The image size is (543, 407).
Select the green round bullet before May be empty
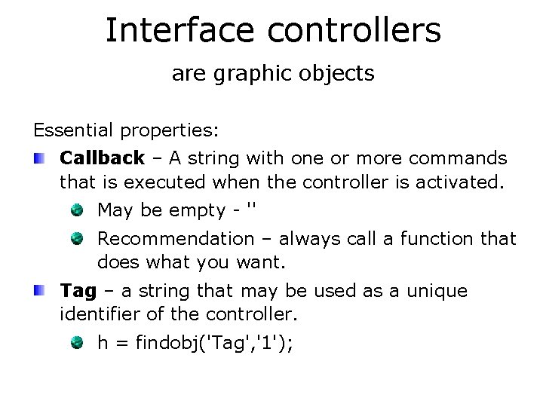pyautogui.click(x=79, y=210)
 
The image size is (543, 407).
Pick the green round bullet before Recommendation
pyautogui.click(x=79, y=239)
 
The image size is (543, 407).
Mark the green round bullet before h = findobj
pyautogui.click(x=79, y=342)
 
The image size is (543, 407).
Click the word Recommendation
pyautogui.click(x=176, y=239)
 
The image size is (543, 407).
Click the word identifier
pyautogui.click(x=98, y=313)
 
